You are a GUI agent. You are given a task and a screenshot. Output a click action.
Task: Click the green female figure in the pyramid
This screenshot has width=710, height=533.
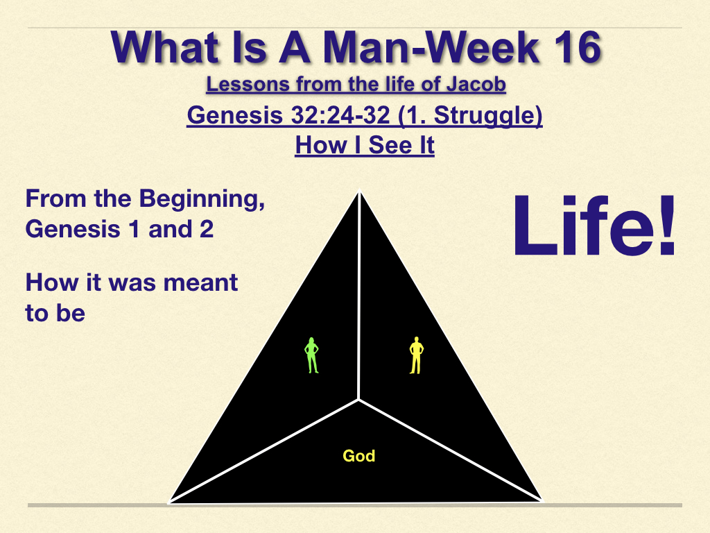tap(311, 355)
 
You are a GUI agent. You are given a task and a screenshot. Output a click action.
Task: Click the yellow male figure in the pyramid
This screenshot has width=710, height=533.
tap(416, 355)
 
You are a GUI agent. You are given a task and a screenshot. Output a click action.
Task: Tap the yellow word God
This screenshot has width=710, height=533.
tap(359, 455)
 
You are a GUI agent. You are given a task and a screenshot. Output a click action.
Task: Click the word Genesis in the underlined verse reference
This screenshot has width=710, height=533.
tap(235, 115)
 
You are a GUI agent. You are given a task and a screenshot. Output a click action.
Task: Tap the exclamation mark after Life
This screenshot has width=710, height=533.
tap(667, 226)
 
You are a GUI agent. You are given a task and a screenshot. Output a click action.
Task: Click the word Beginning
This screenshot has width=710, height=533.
tap(202, 199)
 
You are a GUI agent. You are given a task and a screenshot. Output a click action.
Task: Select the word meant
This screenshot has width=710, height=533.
tap(200, 283)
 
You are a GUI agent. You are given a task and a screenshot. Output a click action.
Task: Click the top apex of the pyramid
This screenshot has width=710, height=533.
tap(360, 192)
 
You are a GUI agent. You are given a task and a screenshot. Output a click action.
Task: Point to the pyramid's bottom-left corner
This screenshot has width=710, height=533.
tap(169, 502)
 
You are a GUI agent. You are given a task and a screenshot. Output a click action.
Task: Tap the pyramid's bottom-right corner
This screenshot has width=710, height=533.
tap(541, 501)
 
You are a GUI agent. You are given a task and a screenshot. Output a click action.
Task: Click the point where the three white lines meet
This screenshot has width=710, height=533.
tap(358, 400)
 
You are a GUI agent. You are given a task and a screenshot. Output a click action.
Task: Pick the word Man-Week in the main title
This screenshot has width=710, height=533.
tap(431, 47)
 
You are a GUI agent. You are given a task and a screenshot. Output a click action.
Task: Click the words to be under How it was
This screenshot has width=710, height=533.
tap(55, 313)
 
